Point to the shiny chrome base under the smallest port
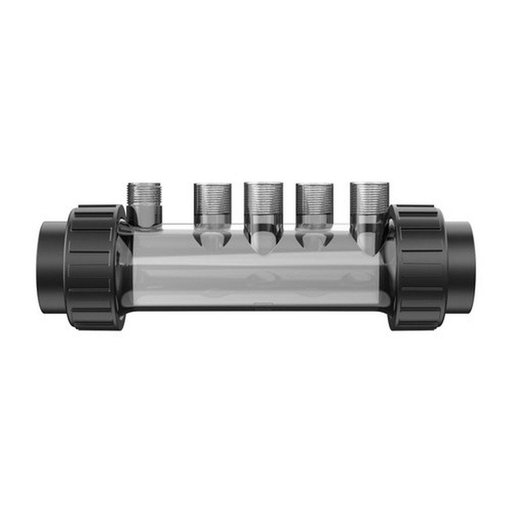[x=144, y=216]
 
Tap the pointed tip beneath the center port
[x=263, y=245]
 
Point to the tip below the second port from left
[x=212, y=240]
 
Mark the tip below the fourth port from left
[x=314, y=240]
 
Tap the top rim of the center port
[x=263, y=183]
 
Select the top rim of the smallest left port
[x=144, y=184]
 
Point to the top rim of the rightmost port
[x=369, y=183]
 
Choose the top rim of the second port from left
[x=212, y=185]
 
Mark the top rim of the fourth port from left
[x=314, y=185]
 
